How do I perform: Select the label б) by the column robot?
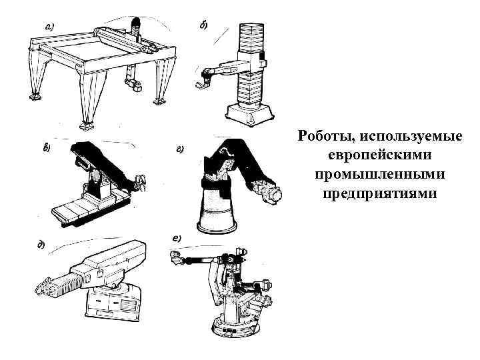[203, 25]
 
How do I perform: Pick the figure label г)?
[180, 150]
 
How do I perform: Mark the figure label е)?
[177, 238]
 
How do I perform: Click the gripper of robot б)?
[199, 83]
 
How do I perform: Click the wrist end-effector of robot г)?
[274, 194]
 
